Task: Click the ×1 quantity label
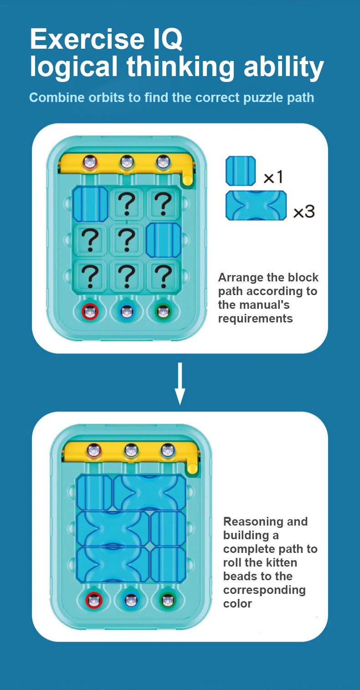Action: pos(273,177)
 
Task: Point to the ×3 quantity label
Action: pos(304,211)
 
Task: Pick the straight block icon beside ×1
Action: pos(241,171)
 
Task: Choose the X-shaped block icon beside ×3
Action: pos(256,205)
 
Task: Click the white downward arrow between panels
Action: pos(180,383)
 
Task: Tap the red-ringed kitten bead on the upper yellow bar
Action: pos(90,162)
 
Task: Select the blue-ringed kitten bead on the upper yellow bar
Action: pos(163,162)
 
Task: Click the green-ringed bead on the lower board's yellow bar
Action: pos(131,451)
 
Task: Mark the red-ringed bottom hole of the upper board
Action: pos(90,312)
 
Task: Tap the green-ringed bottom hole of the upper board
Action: pos(163,312)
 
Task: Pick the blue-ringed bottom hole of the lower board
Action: pos(131,600)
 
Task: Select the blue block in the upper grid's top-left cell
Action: pos(90,204)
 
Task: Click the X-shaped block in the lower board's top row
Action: pos(150,492)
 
